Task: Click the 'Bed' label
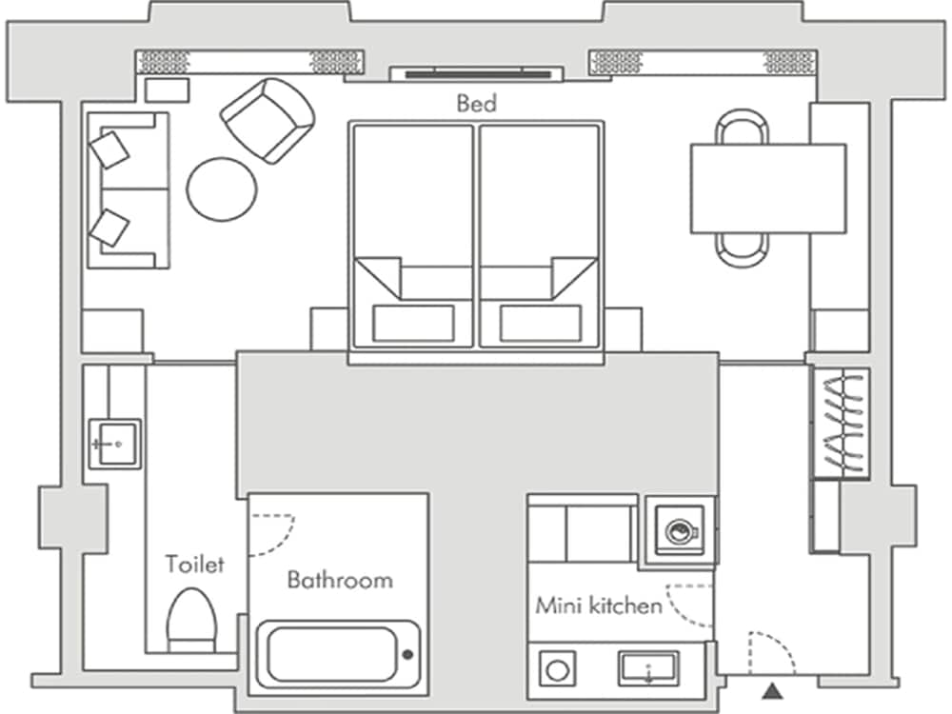pyautogui.click(x=477, y=103)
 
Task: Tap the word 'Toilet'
pyautogui.click(x=194, y=564)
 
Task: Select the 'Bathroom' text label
pyautogui.click(x=340, y=580)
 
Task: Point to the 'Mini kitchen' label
pyautogui.click(x=598, y=605)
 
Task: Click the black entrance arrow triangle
pyautogui.click(x=770, y=689)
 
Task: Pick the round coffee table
pyautogui.click(x=221, y=188)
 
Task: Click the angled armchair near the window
pyautogui.click(x=268, y=119)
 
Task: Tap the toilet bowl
pyautogui.click(x=191, y=619)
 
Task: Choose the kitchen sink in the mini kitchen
pyautogui.click(x=649, y=666)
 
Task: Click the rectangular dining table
pyautogui.click(x=767, y=188)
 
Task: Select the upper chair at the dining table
pyautogui.click(x=742, y=127)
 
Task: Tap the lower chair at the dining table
pyautogui.click(x=742, y=248)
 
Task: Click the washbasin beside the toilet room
pyautogui.click(x=114, y=444)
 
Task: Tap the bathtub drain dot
pyautogui.click(x=407, y=654)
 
